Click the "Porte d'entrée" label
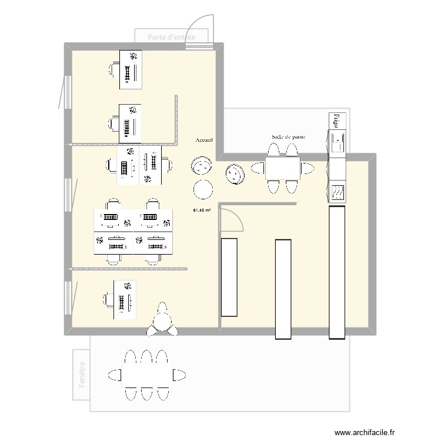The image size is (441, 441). (171, 36)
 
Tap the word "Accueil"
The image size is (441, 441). (205, 141)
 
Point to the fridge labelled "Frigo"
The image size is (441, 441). (337, 121)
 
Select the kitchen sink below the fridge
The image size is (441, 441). (338, 142)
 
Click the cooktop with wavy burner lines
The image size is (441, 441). (338, 191)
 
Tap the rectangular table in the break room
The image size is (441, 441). (283, 169)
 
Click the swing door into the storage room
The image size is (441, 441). (232, 219)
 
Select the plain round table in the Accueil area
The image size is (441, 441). (203, 189)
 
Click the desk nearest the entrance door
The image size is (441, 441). (131, 69)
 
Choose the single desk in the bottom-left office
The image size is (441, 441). (124, 299)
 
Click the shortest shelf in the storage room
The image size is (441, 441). (228, 276)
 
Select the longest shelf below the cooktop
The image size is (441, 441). (337, 272)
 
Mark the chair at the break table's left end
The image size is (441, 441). (258, 169)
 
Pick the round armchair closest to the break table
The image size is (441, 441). (235, 174)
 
